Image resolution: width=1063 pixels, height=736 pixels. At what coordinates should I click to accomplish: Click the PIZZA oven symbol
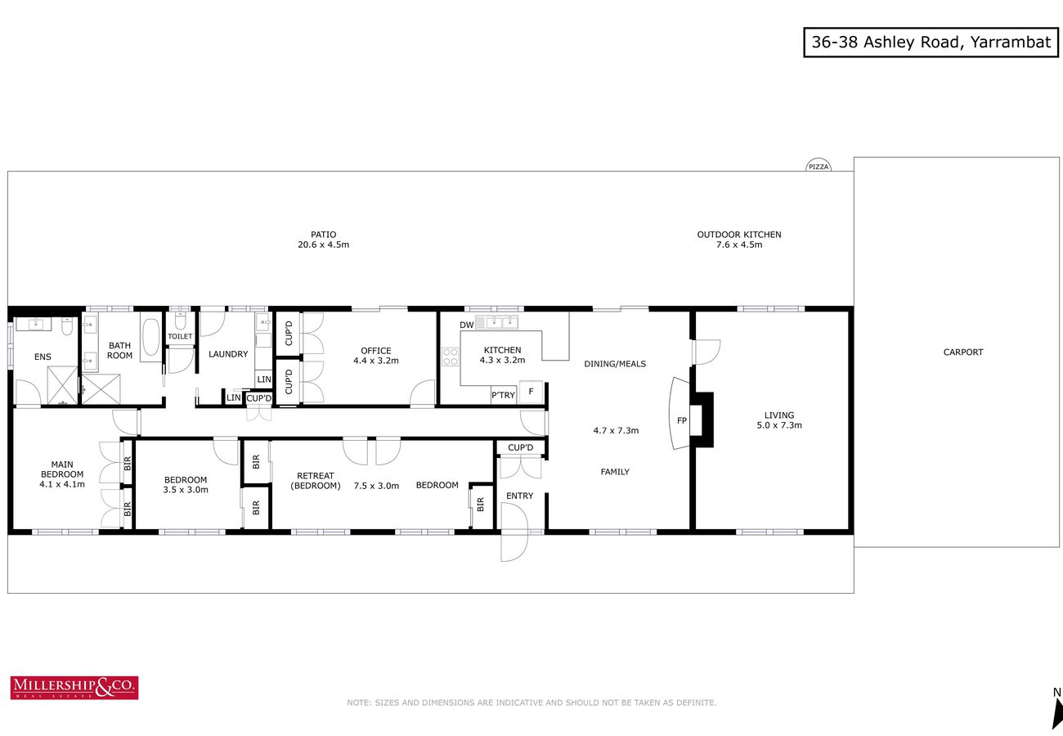click(x=819, y=165)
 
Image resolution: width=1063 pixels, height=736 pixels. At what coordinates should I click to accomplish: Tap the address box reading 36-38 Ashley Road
click(x=931, y=43)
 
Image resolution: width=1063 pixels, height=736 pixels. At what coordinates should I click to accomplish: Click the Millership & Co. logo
click(x=74, y=688)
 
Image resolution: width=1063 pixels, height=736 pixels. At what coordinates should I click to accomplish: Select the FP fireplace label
click(x=682, y=420)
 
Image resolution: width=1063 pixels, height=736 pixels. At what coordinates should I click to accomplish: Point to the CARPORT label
click(x=963, y=352)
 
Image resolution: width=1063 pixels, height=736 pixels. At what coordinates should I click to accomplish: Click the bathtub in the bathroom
click(x=151, y=337)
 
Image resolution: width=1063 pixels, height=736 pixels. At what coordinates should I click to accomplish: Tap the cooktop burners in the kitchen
click(x=450, y=357)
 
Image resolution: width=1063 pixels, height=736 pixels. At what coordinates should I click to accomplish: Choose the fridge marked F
click(x=531, y=392)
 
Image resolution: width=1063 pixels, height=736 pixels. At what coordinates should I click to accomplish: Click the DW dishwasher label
click(x=466, y=325)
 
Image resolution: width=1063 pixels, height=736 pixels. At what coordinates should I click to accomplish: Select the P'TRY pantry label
click(x=503, y=395)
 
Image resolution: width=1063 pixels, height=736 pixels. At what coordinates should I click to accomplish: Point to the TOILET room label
click(x=180, y=336)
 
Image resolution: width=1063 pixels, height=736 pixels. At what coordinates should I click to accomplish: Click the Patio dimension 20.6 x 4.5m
click(x=323, y=245)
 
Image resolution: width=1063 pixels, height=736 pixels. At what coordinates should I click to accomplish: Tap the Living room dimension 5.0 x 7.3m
click(x=779, y=425)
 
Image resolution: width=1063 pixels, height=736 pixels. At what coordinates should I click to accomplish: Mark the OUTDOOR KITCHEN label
click(x=739, y=235)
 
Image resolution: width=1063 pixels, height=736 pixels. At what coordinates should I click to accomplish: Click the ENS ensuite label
click(x=43, y=357)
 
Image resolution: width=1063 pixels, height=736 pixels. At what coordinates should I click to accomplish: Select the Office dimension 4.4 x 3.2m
click(x=376, y=361)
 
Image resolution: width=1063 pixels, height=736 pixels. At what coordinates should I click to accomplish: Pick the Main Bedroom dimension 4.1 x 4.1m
click(x=62, y=484)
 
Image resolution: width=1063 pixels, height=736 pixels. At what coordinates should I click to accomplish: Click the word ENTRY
click(x=519, y=496)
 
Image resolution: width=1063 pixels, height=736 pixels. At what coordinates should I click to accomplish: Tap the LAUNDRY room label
click(x=228, y=354)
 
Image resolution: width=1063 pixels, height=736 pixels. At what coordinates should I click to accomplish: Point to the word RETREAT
click(x=316, y=475)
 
